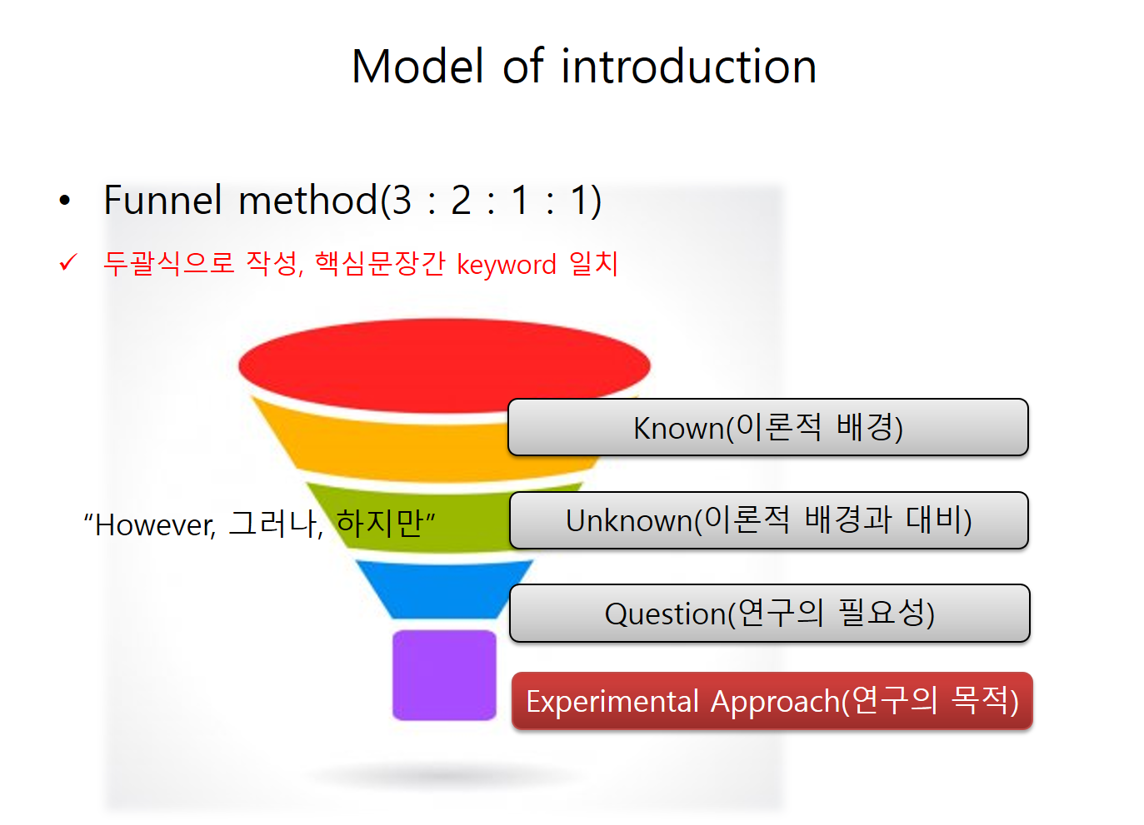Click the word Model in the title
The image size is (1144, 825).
click(417, 67)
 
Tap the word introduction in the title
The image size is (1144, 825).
click(688, 67)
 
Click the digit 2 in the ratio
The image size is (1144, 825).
click(461, 200)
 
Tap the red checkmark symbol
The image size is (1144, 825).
click(68, 262)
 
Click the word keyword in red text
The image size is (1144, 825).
click(506, 264)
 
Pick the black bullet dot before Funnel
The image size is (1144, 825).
click(64, 200)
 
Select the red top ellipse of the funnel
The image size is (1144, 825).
click(444, 365)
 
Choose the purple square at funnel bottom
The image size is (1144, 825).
click(444, 675)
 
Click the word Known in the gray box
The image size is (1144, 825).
click(679, 428)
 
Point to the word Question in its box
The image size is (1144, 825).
click(666, 614)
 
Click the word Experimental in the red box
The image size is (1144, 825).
click(612, 702)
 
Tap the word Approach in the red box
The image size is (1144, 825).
click(775, 702)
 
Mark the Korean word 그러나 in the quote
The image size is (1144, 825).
click(275, 524)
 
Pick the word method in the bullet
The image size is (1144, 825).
click(308, 200)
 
